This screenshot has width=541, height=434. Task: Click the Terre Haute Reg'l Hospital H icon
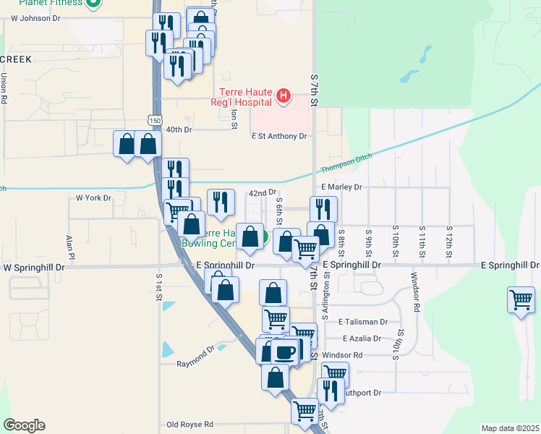tap(284, 95)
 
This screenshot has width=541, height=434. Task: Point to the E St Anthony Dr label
tap(279, 136)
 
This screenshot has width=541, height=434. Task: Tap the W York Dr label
tap(94, 197)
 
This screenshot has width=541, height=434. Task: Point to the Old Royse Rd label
tap(189, 424)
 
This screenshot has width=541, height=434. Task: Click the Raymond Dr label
tap(197, 357)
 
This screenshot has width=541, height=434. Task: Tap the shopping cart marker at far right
tap(521, 299)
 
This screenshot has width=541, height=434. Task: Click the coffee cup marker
tap(284, 352)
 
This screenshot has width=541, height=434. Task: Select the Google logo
tap(24, 425)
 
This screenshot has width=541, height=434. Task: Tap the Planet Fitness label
tap(50, 3)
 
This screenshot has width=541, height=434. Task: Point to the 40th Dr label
tap(178, 130)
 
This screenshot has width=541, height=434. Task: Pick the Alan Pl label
tap(71, 246)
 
